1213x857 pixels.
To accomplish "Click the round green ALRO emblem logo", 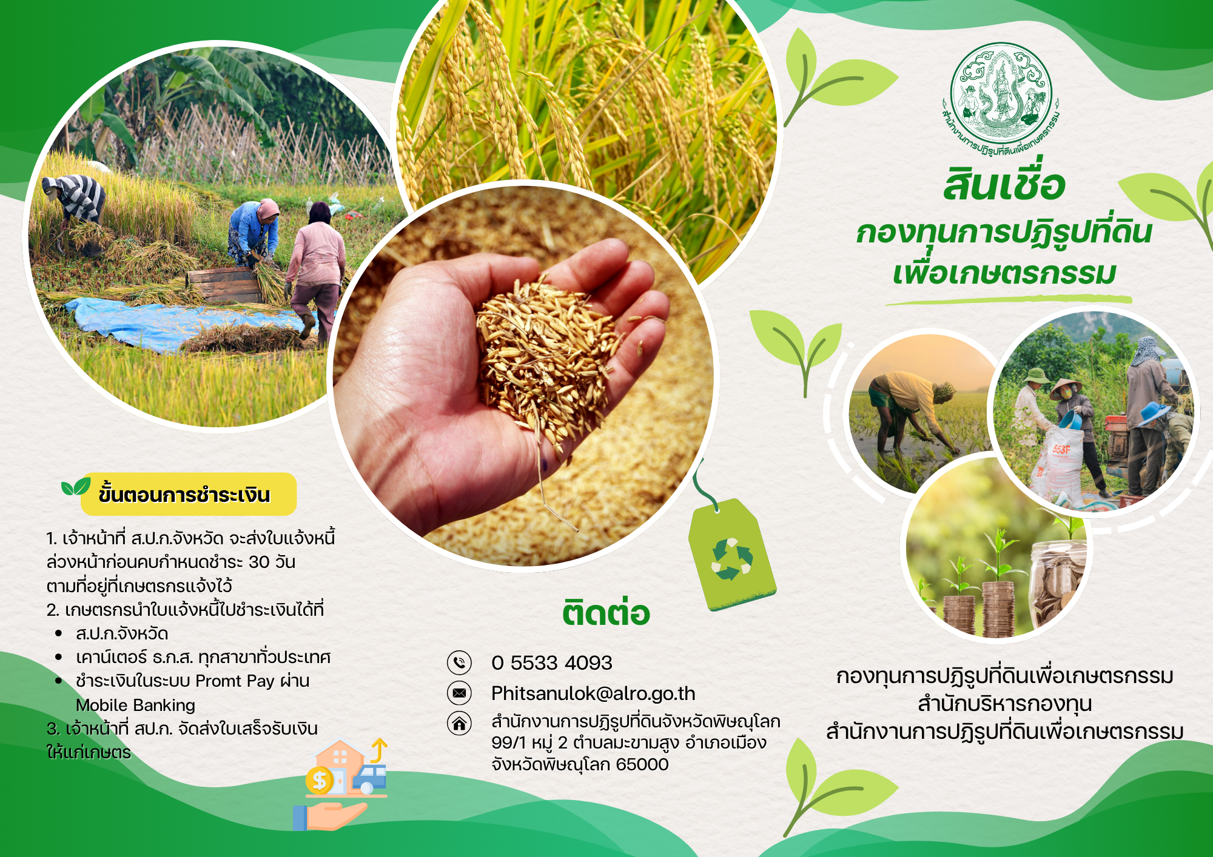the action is point(1001,97).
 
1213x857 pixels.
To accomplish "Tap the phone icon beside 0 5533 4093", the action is point(459,662).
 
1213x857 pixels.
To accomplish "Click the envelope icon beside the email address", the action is point(459,693).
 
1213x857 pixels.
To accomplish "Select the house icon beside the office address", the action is point(459,723).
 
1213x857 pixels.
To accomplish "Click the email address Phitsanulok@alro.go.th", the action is point(593,693).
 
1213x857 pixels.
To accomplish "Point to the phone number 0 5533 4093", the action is point(552,662).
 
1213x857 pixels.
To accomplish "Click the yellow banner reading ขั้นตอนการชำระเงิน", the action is point(189,494).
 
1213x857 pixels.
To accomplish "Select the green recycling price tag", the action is point(732,554).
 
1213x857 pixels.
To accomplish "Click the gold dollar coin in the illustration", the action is point(319,781).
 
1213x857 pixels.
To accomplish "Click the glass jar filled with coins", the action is point(1058,583).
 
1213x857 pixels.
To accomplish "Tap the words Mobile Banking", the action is point(135,705).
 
